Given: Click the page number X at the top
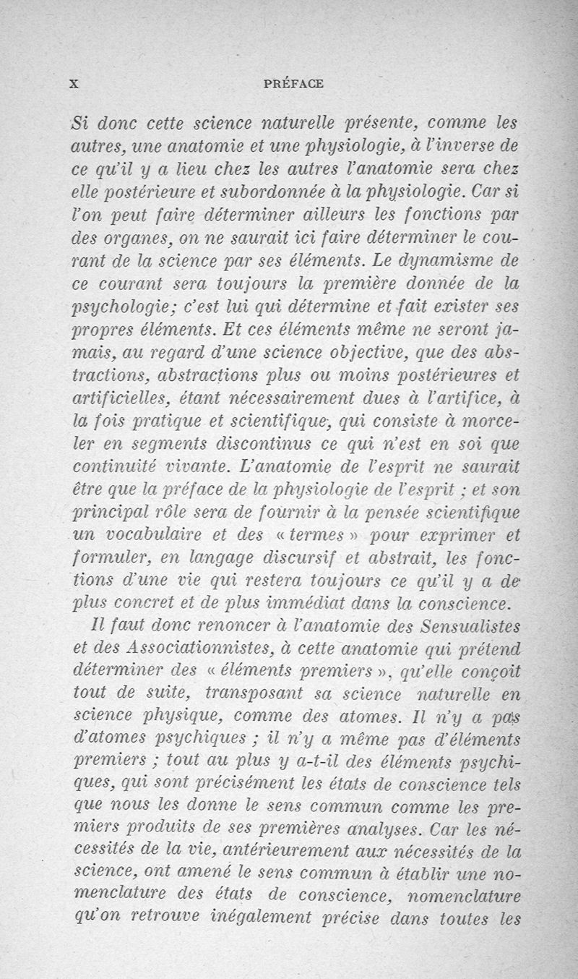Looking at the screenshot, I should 72,83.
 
